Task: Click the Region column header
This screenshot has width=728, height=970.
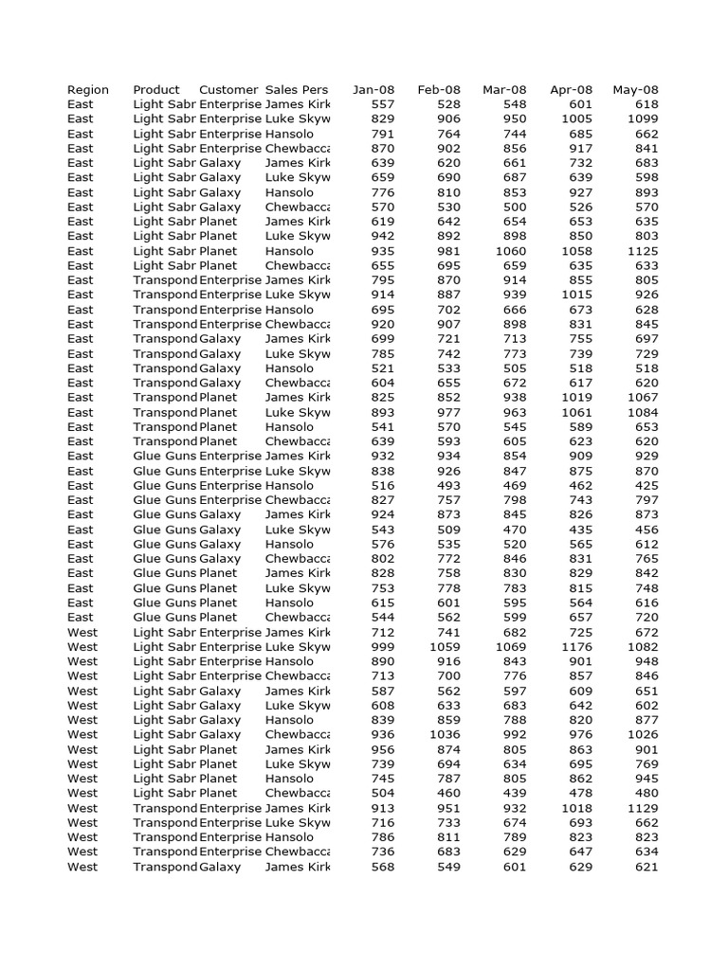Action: tap(88, 90)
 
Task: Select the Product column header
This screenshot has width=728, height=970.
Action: tap(156, 90)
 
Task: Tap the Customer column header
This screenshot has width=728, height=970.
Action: tap(228, 90)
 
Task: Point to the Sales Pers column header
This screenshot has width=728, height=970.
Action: tap(297, 90)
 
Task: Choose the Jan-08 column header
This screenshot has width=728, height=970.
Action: tap(373, 90)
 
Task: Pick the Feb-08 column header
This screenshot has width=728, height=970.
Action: tap(439, 90)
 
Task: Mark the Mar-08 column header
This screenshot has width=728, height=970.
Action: tap(504, 90)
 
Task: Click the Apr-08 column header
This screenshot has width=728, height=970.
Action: tap(571, 90)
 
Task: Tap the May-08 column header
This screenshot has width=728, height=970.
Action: tap(636, 90)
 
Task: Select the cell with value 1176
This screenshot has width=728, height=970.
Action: tap(575, 647)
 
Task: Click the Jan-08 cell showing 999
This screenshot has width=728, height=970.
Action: tap(384, 647)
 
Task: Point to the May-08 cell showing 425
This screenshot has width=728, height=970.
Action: tap(646, 485)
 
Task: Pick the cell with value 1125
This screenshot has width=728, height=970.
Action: tap(642, 251)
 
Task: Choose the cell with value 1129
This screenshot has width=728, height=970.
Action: tap(642, 808)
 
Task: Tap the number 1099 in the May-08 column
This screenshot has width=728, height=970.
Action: tap(642, 119)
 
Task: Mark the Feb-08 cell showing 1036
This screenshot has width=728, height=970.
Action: tap(445, 734)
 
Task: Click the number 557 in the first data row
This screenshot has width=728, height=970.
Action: tap(384, 104)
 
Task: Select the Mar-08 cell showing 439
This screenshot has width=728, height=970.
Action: tap(515, 793)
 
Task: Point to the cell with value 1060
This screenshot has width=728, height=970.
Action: tap(510, 251)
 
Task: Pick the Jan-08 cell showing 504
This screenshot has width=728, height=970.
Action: tap(384, 793)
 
